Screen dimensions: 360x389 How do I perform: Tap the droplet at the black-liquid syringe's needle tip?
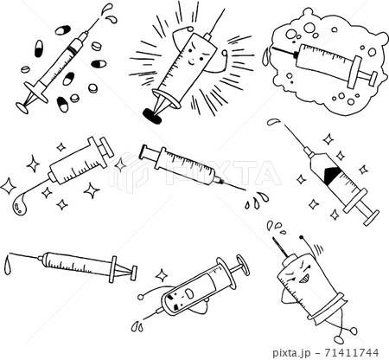pos(272,124)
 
